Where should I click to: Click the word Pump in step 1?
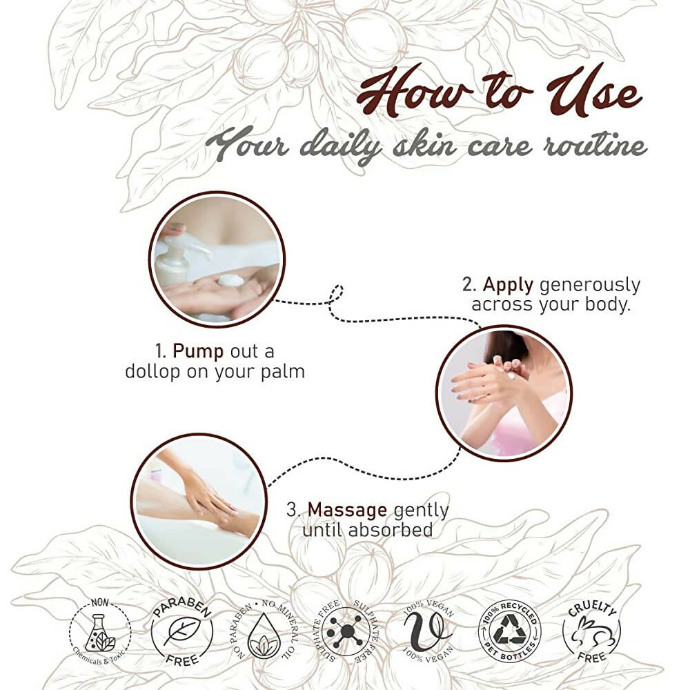click(x=198, y=352)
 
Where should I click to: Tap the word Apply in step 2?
click(x=508, y=286)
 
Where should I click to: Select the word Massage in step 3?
click(x=347, y=510)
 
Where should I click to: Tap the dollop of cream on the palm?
click(x=231, y=280)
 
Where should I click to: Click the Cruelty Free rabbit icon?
click(x=591, y=633)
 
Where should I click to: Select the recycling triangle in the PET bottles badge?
click(x=509, y=630)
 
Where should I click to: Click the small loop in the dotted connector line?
click(x=337, y=294)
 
